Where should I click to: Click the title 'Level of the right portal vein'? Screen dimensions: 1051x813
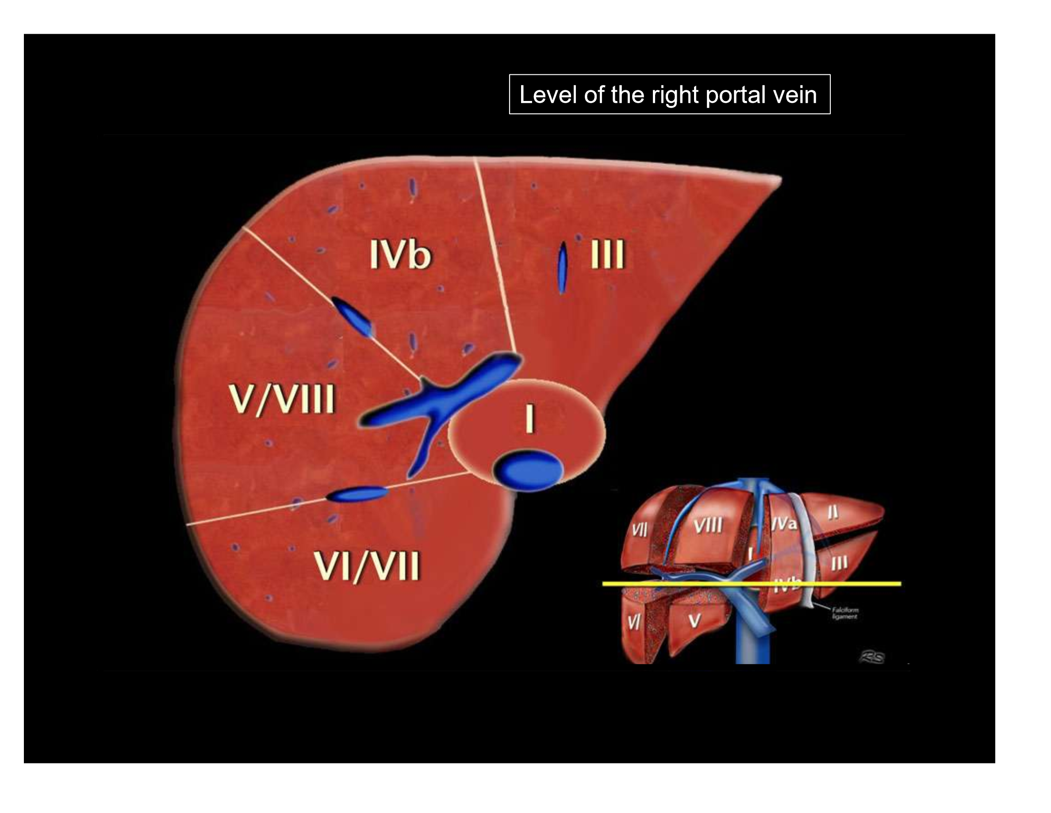[669, 94]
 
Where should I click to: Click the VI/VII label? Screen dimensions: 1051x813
[367, 566]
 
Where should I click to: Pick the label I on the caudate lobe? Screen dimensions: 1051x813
[529, 418]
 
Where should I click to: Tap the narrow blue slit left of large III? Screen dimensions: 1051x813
[562, 268]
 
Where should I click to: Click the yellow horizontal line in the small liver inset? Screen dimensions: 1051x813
[751, 584]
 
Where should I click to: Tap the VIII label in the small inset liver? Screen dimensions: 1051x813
[708, 524]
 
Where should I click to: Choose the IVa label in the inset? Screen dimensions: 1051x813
[784, 523]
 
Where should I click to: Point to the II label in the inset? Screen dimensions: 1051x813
[833, 513]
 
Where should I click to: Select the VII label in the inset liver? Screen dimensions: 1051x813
[640, 530]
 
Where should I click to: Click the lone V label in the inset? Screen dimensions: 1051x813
[694, 621]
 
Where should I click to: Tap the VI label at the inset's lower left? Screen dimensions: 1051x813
[634, 623]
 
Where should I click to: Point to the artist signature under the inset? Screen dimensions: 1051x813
[872, 658]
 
